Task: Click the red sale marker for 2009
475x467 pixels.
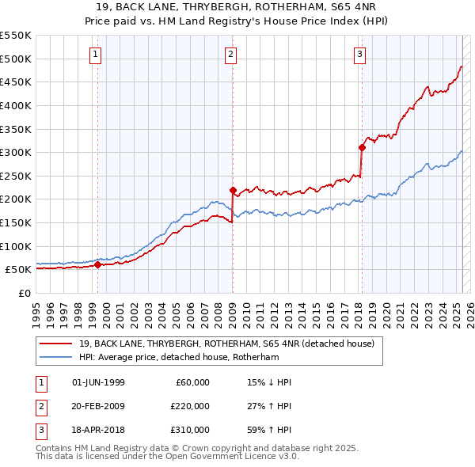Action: (x=233, y=190)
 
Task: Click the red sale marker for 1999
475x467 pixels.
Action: (x=97, y=265)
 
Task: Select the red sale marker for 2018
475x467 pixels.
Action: (x=362, y=147)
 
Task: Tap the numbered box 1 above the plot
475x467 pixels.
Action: (x=95, y=55)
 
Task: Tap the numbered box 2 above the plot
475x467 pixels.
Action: (x=230, y=55)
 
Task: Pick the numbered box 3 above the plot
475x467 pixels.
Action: (x=359, y=55)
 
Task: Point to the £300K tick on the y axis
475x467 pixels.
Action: (x=16, y=152)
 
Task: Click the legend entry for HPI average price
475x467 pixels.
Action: (x=179, y=357)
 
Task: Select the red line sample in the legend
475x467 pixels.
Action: (x=55, y=344)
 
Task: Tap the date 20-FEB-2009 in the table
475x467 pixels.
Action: (x=98, y=406)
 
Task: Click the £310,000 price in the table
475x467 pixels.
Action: (x=189, y=430)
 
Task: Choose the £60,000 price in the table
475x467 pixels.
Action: (x=192, y=382)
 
